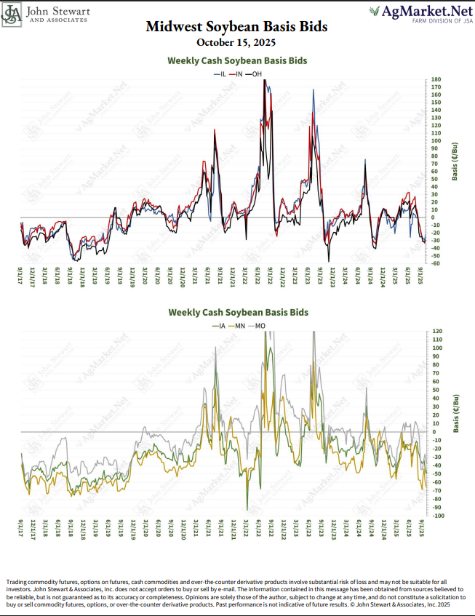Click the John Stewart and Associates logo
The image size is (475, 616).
(48, 15)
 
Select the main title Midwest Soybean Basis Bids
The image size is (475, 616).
(236, 27)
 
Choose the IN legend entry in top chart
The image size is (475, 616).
(237, 74)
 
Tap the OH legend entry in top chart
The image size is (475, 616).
(255, 74)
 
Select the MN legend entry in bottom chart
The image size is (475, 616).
(236, 325)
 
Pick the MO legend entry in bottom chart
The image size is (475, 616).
(256, 325)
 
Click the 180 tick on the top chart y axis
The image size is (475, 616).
(436, 79)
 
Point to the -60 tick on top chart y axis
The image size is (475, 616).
(436, 263)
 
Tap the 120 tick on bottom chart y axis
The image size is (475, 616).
(436, 331)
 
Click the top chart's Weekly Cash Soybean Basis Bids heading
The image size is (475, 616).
(237, 61)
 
